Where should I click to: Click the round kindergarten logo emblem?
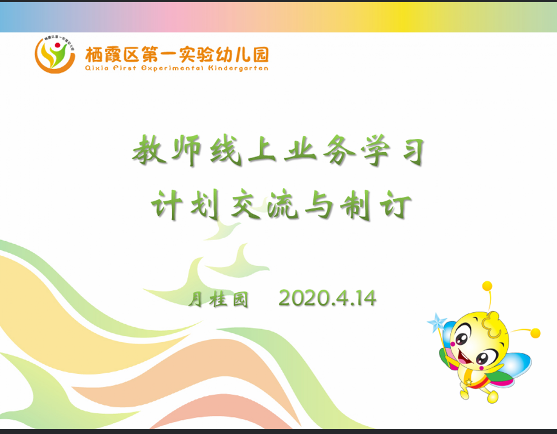[x=55, y=55]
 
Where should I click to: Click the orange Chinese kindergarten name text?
[x=177, y=55]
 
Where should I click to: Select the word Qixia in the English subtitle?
[x=96, y=68]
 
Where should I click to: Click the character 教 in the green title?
[x=149, y=150]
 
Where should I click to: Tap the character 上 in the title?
[x=262, y=150]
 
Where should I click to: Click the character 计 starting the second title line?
[x=167, y=204]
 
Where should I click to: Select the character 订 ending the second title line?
[x=395, y=205]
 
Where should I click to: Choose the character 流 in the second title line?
[x=283, y=205]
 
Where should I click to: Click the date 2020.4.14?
[x=327, y=298]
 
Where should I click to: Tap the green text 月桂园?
[x=218, y=299]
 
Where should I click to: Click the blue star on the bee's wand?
[x=436, y=322]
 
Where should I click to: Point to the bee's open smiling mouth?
[x=465, y=356]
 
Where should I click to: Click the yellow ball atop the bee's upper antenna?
[x=487, y=286]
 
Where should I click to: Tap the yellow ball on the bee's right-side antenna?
[x=535, y=333]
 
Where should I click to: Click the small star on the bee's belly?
[x=469, y=382]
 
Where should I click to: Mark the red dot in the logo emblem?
[x=58, y=45]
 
